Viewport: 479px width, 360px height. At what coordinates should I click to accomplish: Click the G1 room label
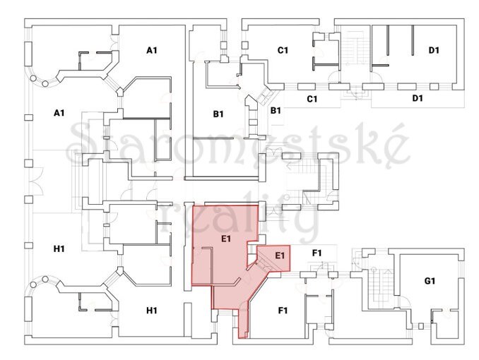(x=430, y=281)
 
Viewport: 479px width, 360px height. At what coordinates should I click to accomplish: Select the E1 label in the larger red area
(x=226, y=239)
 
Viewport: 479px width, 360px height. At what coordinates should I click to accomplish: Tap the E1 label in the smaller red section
(x=280, y=255)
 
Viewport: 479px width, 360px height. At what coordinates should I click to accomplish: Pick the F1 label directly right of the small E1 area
(x=317, y=253)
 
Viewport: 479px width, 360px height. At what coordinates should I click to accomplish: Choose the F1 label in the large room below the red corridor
(x=283, y=311)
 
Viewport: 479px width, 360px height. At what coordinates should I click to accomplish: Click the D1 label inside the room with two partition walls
(x=434, y=50)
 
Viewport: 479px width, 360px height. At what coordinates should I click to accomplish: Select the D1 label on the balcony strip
(x=418, y=98)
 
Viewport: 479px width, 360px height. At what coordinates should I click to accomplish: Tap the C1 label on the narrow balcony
(x=312, y=99)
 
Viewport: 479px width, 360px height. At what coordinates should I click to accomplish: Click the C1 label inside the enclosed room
(x=283, y=50)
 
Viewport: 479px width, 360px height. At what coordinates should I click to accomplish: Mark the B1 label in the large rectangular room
(x=218, y=114)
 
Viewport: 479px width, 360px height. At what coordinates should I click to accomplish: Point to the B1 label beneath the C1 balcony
(x=276, y=111)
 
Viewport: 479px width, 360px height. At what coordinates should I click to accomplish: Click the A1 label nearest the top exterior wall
(x=152, y=50)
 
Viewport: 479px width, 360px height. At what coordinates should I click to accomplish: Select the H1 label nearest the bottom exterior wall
(x=152, y=311)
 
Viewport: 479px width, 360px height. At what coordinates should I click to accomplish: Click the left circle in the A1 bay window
(x=33, y=78)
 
